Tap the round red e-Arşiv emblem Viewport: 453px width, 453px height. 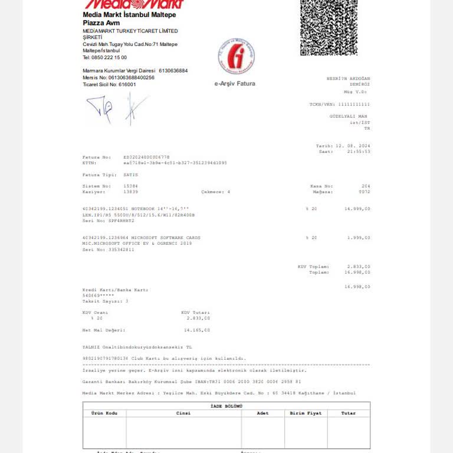[x=236, y=57]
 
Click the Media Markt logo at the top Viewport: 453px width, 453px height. [x=134, y=5]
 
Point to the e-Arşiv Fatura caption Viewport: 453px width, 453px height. [x=235, y=84]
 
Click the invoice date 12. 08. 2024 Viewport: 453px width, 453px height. [x=353, y=145]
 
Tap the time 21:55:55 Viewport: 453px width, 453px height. [x=359, y=152]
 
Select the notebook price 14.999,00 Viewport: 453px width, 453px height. [x=357, y=209]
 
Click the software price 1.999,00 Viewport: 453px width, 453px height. [x=359, y=238]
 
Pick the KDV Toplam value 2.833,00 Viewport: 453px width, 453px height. [x=359, y=266]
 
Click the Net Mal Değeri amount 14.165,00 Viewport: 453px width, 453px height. [x=197, y=330]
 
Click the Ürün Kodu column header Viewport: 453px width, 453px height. [x=104, y=413]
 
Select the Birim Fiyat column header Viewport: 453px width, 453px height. [x=306, y=413]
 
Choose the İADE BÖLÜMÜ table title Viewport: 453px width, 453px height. [x=226, y=406]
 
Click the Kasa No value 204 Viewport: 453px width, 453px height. [x=366, y=186]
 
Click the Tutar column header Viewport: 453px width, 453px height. [x=349, y=413]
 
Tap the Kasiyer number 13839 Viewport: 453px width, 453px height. [x=130, y=192]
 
